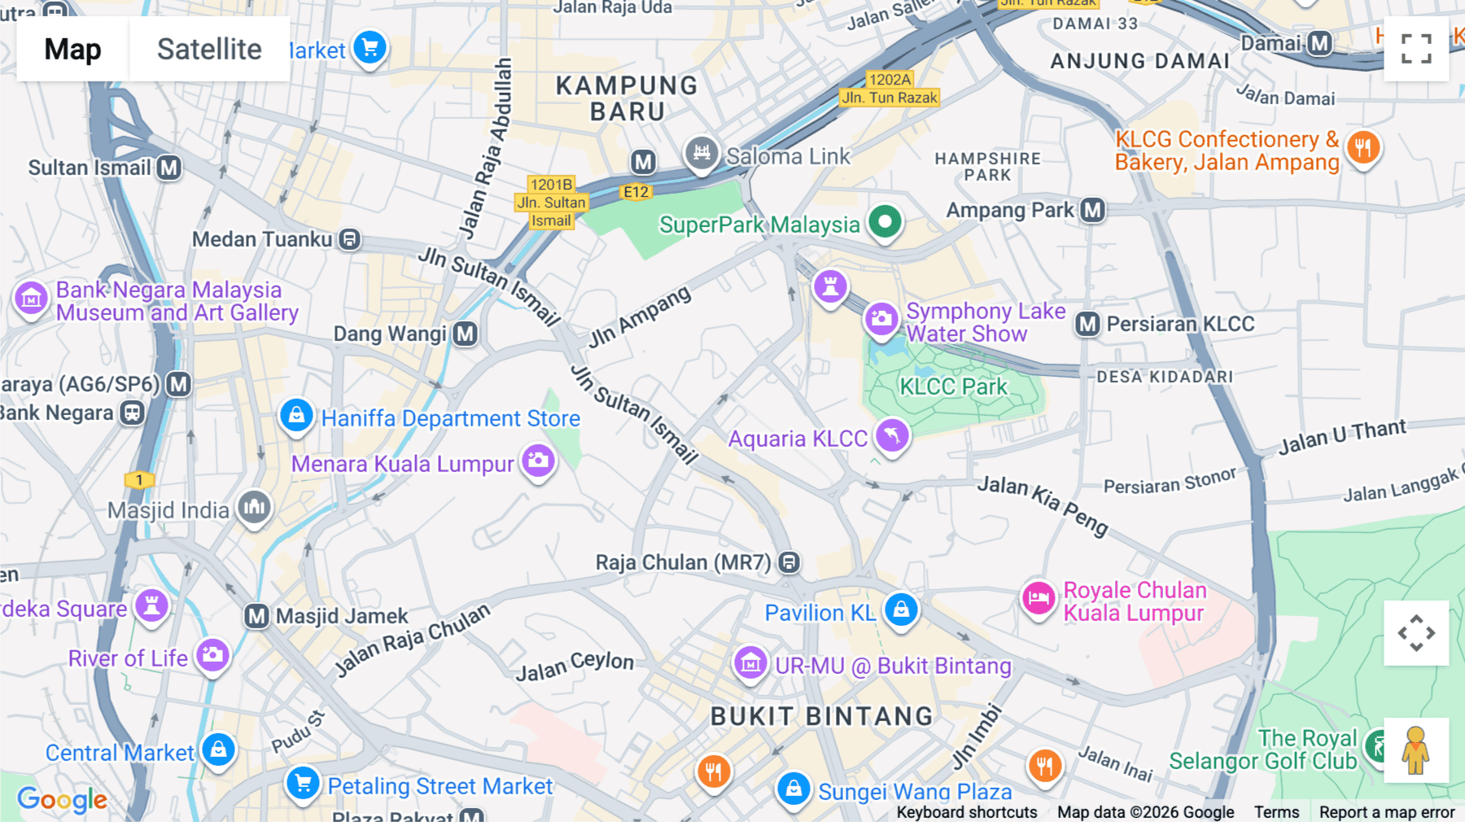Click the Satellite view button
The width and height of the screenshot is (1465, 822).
click(x=209, y=49)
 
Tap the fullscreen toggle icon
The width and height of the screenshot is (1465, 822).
click(x=1416, y=49)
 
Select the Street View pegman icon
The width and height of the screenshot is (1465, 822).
click(x=1416, y=750)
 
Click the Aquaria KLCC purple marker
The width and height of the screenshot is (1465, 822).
click(x=892, y=435)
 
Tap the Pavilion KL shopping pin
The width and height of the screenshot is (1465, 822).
click(x=901, y=610)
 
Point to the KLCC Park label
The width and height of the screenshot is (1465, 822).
click(x=953, y=387)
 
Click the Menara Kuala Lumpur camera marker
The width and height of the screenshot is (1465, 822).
click(x=538, y=461)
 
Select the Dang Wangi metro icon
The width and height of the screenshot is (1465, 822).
click(x=466, y=334)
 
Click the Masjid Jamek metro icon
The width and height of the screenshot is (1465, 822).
click(x=257, y=616)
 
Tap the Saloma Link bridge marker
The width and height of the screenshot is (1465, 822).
click(x=701, y=153)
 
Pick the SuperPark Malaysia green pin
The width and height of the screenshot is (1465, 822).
click(x=885, y=221)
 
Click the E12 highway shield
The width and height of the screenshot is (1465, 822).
click(x=636, y=192)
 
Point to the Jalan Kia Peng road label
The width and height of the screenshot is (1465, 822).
click(x=1043, y=505)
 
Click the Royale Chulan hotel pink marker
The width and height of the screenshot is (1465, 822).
click(x=1039, y=599)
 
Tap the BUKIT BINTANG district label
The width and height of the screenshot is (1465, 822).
click(x=821, y=716)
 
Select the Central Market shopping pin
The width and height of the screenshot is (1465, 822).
click(x=219, y=750)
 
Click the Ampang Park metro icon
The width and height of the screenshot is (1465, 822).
click(x=1093, y=210)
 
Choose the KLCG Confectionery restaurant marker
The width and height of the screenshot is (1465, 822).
click(x=1363, y=148)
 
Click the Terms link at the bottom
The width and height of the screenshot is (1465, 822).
click(x=1276, y=811)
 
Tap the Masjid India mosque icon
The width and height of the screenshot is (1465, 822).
click(x=254, y=508)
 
